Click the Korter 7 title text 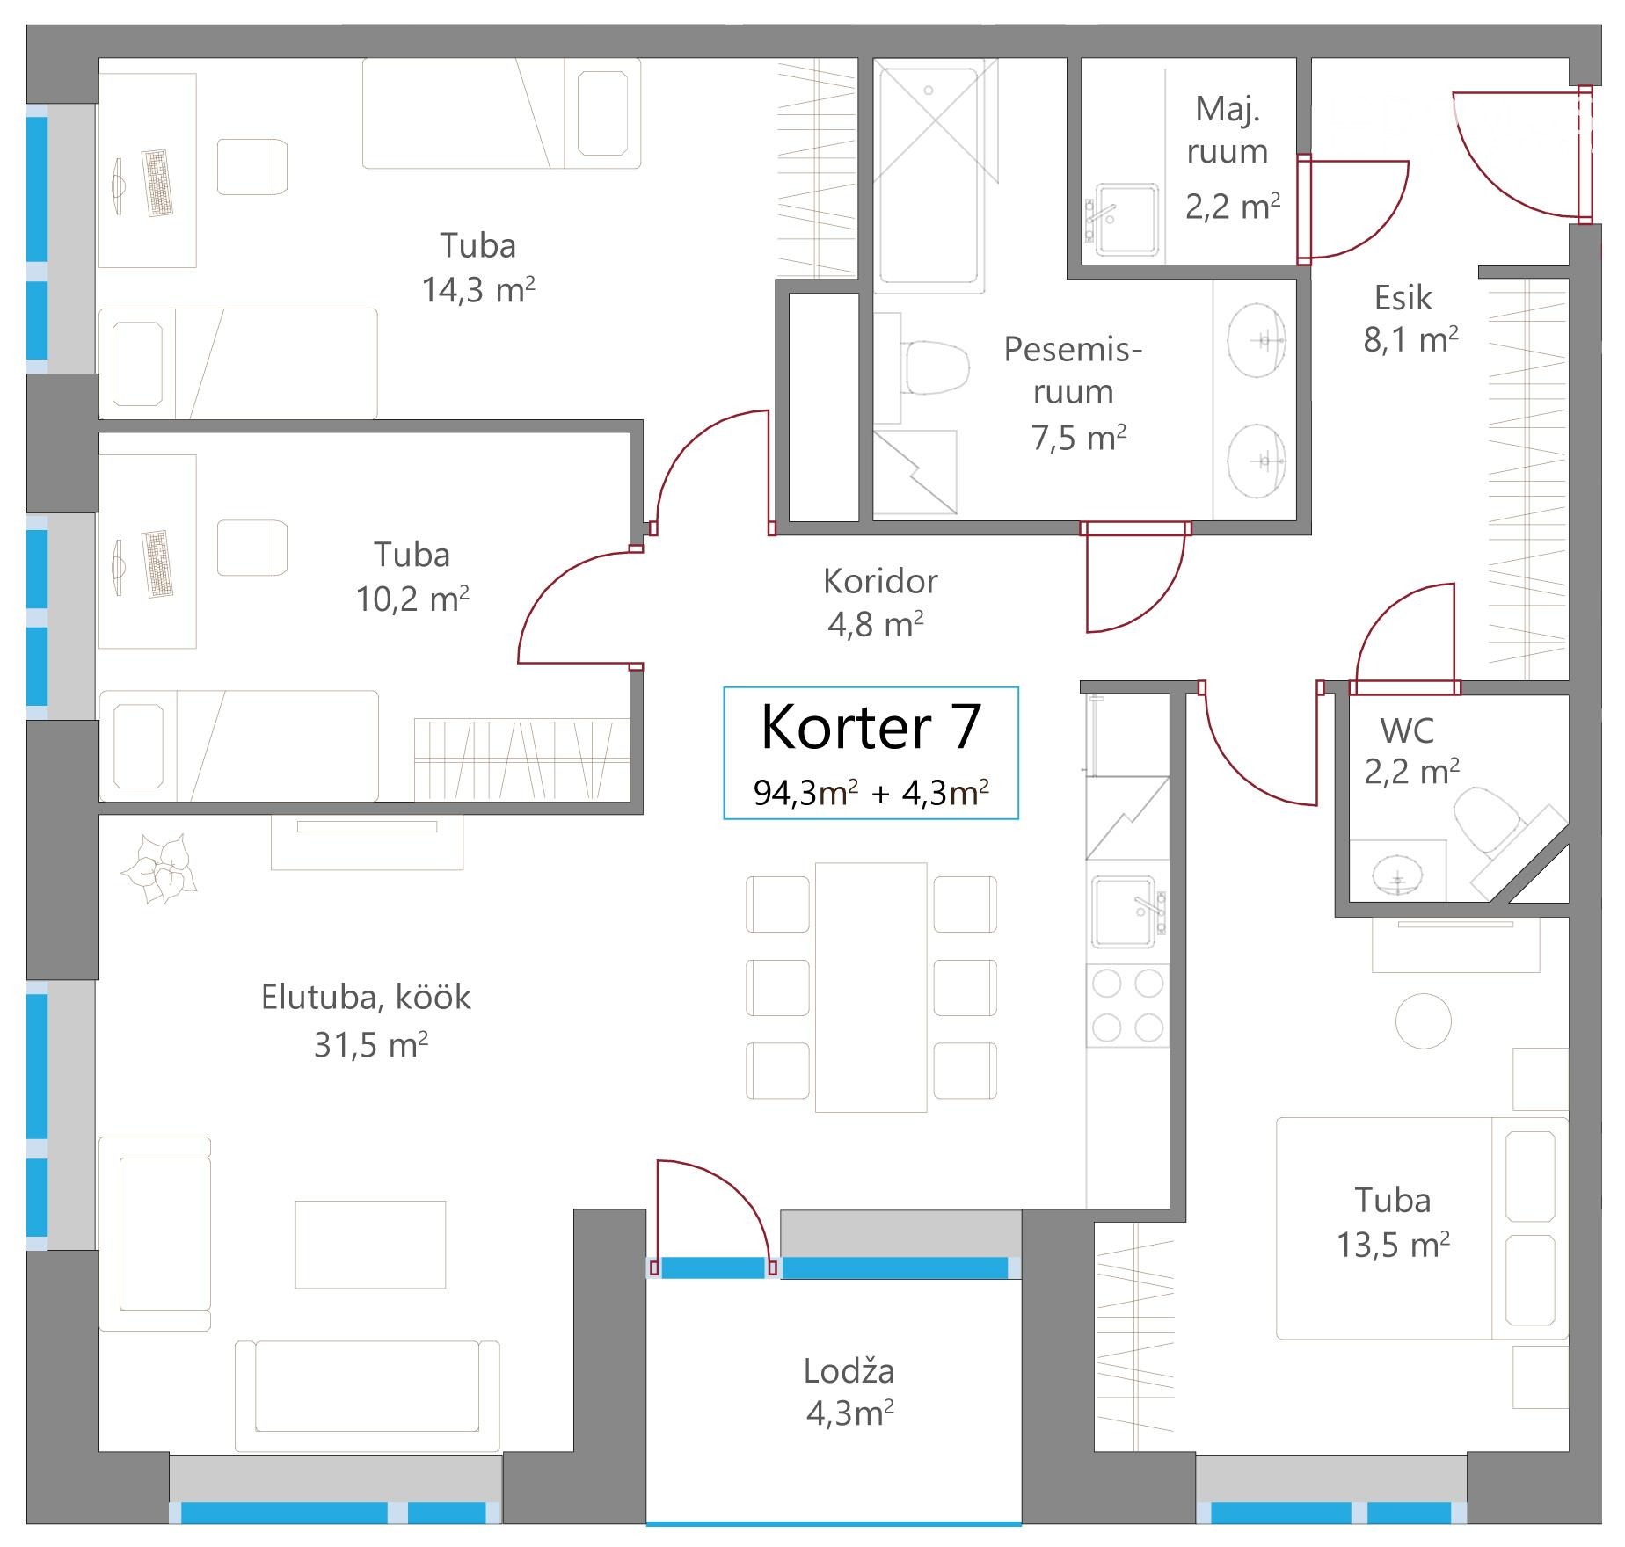(870, 727)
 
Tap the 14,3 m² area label (478, 289)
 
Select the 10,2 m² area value (412, 599)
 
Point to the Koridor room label (880, 581)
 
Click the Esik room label (1403, 298)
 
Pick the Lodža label (849, 1370)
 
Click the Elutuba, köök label (366, 997)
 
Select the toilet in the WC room (1488, 819)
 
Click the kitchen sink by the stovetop (1127, 911)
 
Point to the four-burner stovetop (1128, 1006)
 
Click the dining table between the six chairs (871, 987)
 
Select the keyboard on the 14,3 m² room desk (157, 183)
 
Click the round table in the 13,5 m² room (1424, 1020)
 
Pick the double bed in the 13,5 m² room (1422, 1228)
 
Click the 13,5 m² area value (1393, 1245)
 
